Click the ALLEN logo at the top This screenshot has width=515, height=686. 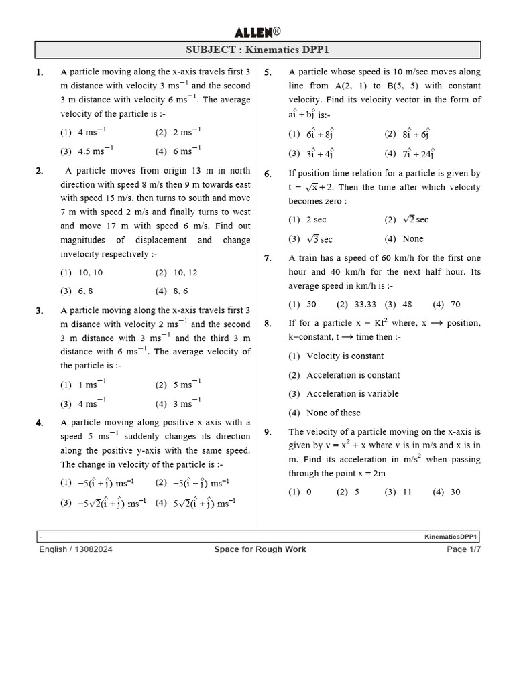point(257,31)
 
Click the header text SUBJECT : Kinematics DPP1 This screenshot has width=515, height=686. point(257,50)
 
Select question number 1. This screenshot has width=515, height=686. point(40,72)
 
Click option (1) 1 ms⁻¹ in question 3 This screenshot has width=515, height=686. point(83,385)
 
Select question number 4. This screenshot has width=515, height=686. point(40,423)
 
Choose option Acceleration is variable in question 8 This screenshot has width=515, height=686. point(352,394)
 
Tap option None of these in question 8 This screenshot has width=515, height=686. point(333,413)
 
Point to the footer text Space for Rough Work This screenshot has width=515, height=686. point(260,549)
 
